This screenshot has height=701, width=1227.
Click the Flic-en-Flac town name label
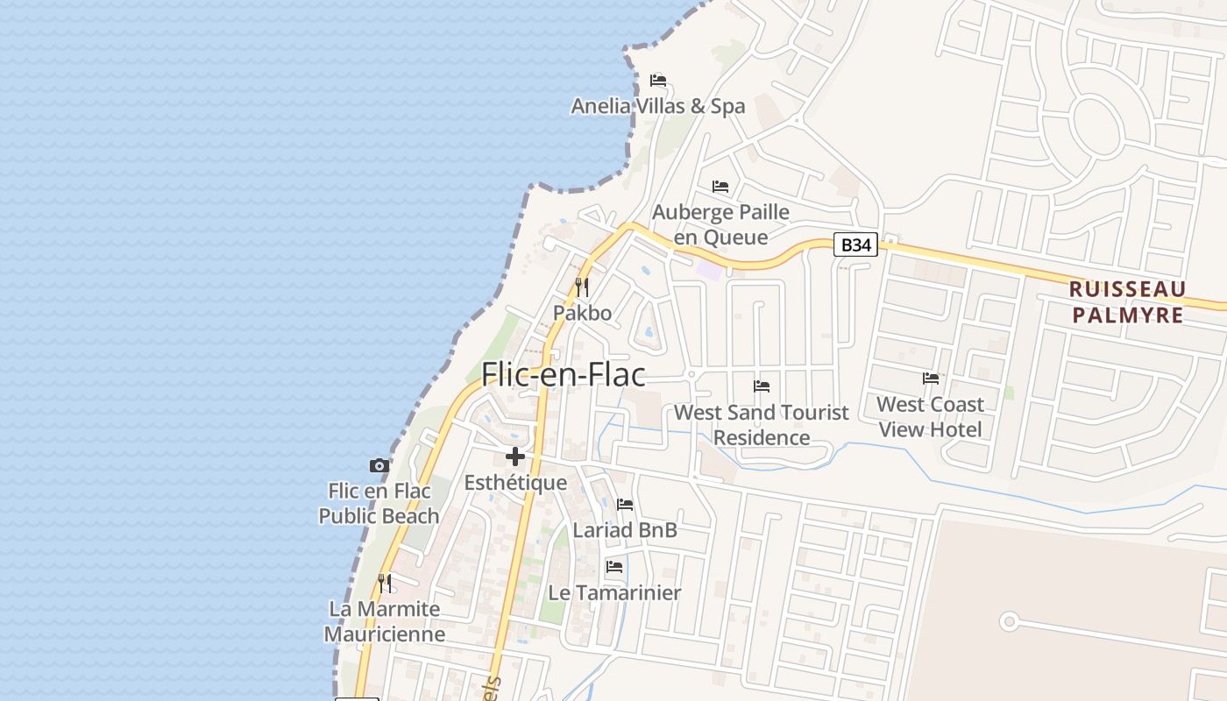point(564,374)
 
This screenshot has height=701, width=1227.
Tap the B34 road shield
point(855,244)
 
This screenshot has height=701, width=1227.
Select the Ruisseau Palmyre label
point(1127,302)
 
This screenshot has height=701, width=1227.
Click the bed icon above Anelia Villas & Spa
point(658,81)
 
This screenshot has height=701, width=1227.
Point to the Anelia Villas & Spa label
point(658,106)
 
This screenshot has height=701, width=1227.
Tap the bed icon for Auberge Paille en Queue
point(720,187)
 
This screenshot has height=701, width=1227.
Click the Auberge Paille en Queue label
point(720,224)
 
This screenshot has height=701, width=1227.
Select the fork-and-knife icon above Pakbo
point(581,287)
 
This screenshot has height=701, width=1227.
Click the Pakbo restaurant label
point(582,313)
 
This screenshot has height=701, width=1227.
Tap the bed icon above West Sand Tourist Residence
point(762,386)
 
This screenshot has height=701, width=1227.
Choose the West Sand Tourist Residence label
point(762,424)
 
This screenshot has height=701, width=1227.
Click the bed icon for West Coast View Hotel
point(931,379)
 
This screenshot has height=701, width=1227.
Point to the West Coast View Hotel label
point(931,417)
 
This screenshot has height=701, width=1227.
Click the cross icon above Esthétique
point(515,457)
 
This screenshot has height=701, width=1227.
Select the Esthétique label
point(515,483)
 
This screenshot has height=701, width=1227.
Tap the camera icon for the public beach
point(379,465)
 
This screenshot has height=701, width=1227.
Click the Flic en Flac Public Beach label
point(379,503)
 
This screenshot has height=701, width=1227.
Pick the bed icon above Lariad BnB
point(625,505)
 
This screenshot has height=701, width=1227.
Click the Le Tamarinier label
point(614,592)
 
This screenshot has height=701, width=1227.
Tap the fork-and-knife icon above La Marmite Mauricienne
point(385,583)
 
